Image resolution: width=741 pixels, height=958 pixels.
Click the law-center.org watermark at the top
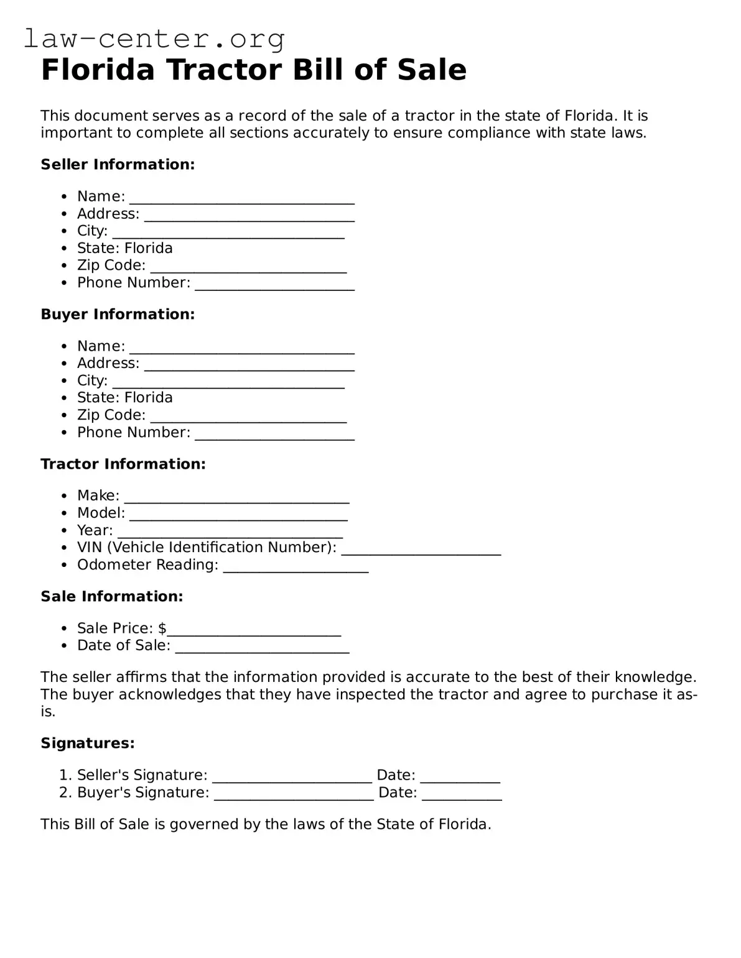click(x=154, y=39)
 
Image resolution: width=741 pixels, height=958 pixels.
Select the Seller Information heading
click(x=118, y=165)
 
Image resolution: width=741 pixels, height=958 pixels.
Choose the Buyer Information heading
click(x=118, y=315)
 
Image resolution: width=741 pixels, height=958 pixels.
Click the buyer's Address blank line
click(x=249, y=366)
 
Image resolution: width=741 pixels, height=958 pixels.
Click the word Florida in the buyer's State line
click(x=149, y=398)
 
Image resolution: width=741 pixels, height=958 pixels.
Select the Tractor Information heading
click(x=123, y=464)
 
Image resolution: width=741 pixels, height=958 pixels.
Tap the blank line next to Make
click(x=236, y=498)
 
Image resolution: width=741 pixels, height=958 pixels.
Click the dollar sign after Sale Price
click(x=162, y=629)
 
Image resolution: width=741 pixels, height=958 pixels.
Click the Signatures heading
click(x=88, y=744)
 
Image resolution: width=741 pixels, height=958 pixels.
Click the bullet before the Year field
click(x=64, y=531)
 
